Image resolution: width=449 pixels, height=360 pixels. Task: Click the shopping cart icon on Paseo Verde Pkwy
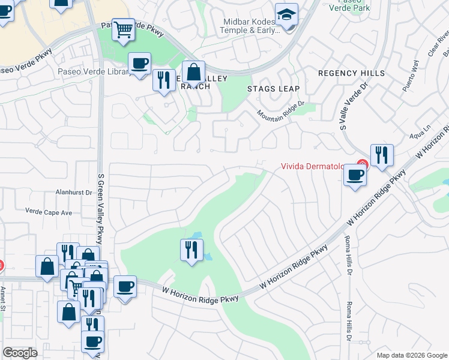[123, 29]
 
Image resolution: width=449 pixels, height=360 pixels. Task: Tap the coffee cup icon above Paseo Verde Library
[139, 64]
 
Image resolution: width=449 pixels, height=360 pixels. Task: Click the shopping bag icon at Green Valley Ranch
[193, 73]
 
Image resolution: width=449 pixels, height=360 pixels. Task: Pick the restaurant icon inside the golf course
[191, 249]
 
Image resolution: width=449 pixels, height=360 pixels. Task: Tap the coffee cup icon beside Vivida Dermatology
[355, 175]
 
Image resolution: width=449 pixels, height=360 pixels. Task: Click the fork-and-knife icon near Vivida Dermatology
[382, 155]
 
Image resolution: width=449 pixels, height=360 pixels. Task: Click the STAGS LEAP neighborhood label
[273, 89]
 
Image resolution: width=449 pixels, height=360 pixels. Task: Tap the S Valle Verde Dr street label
[345, 109]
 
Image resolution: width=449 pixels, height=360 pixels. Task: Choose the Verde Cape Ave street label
[48, 212]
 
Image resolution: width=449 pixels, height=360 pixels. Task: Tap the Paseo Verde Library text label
[94, 72]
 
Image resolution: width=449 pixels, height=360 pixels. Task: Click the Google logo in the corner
[20, 353]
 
